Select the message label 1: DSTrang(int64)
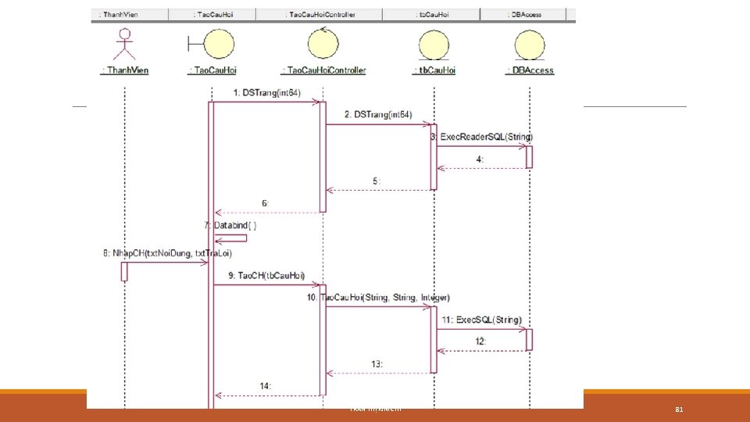(266, 93)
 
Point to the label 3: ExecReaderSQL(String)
(482, 137)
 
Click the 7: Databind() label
(230, 225)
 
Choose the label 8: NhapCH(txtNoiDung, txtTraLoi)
(166, 252)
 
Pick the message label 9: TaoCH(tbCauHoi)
(266, 275)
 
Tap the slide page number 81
(679, 409)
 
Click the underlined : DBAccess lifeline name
(530, 70)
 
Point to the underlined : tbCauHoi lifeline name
(434, 70)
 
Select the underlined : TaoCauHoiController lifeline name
(323, 70)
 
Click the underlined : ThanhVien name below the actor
(125, 70)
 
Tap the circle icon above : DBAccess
(530, 44)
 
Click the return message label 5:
(377, 181)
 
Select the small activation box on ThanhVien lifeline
(124, 270)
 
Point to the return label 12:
(480, 342)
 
